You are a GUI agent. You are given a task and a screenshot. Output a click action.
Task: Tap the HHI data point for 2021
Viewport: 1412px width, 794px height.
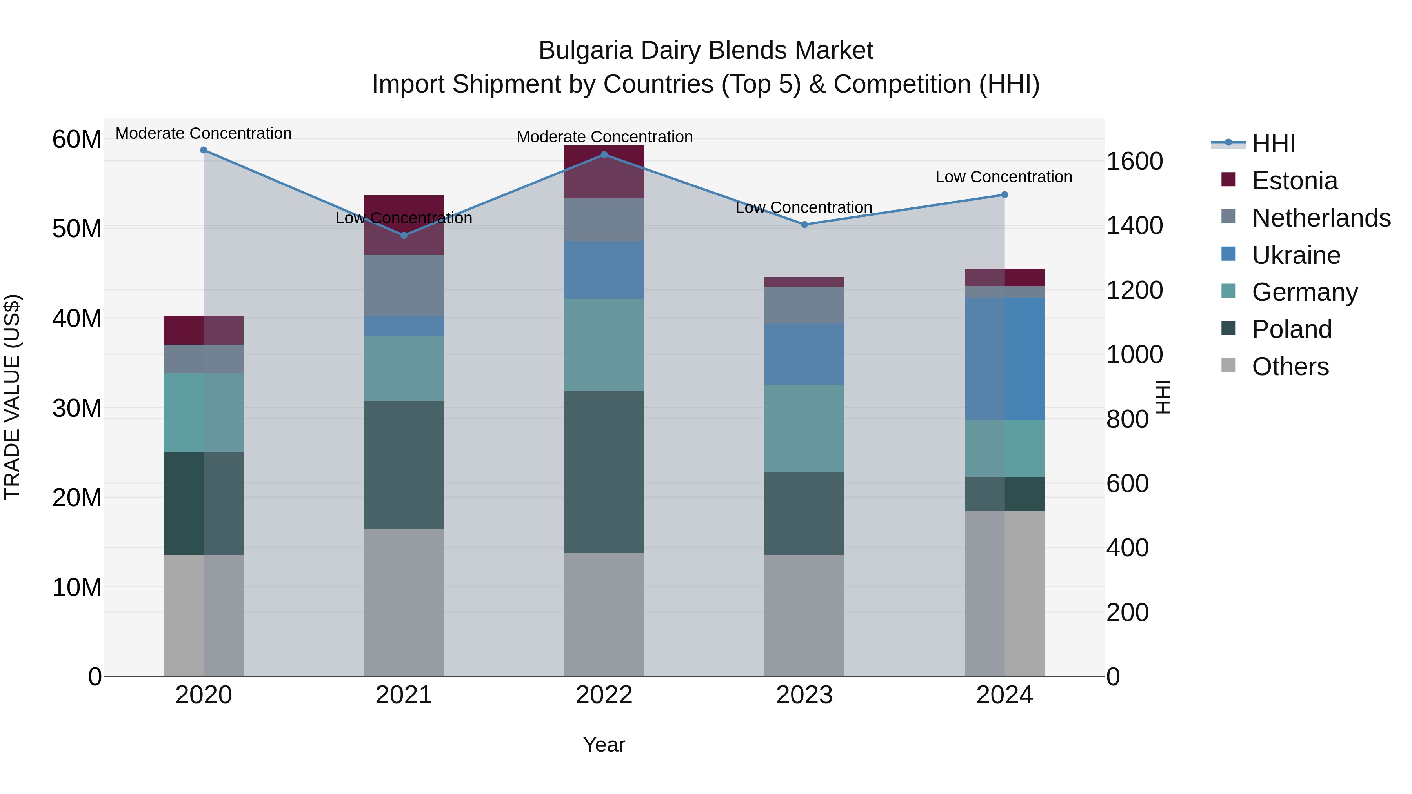point(404,236)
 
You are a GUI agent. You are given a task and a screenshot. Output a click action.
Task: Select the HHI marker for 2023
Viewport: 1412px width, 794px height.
point(804,225)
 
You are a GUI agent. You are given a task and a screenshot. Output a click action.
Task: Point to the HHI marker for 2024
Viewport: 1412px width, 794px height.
point(1004,194)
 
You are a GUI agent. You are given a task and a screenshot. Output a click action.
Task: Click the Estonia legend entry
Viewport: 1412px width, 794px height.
point(1294,181)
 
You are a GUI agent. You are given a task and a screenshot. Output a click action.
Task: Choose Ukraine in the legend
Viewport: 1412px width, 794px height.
point(1296,255)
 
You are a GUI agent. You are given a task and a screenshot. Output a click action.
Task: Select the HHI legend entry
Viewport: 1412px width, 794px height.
point(1273,144)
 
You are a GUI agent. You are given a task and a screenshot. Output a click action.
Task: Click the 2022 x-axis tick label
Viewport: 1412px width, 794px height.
point(604,695)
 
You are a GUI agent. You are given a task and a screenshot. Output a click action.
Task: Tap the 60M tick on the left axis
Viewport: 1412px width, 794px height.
point(77,139)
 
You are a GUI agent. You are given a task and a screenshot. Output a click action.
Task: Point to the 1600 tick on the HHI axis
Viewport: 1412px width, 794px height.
point(1134,161)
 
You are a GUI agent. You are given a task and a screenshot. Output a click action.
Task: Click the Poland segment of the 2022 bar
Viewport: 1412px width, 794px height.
point(604,471)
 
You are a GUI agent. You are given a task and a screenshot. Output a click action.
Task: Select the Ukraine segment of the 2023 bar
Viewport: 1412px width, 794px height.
point(804,354)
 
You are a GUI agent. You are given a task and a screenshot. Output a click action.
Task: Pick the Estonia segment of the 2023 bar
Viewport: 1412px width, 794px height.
point(804,282)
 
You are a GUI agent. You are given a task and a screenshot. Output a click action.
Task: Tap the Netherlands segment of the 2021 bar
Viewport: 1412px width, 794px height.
point(404,285)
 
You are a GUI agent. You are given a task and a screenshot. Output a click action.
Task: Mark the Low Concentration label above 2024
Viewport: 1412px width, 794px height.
point(1004,177)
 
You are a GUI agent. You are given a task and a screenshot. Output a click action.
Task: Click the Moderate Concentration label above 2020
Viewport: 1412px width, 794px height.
point(203,133)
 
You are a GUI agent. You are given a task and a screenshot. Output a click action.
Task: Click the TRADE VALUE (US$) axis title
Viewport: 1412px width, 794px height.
point(12,397)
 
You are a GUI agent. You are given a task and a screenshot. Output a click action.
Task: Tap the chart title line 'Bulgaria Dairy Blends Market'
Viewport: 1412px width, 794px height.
point(706,51)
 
